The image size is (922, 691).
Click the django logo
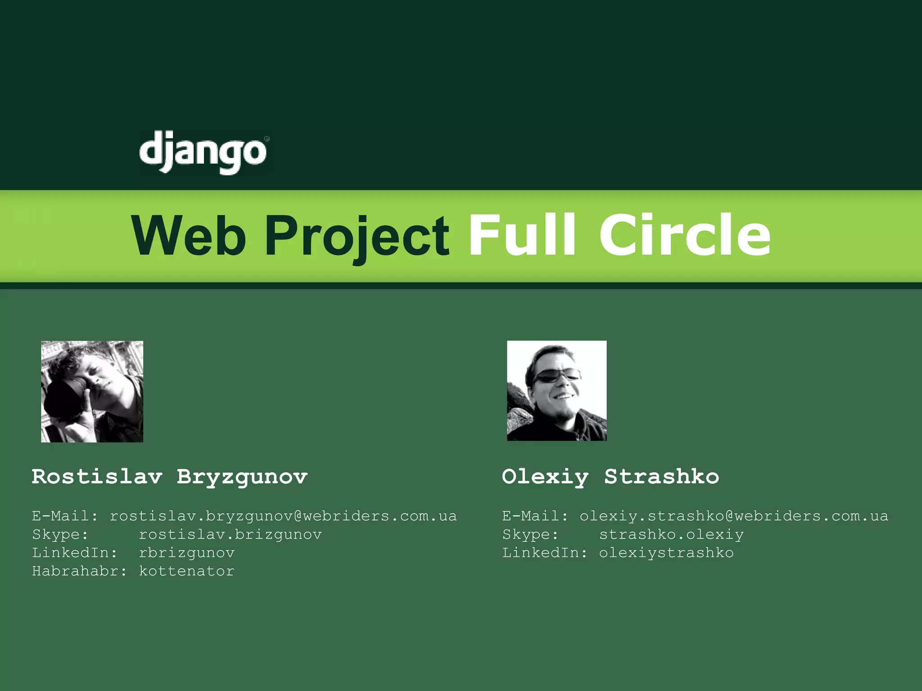coord(204,152)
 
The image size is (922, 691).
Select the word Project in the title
coord(357,236)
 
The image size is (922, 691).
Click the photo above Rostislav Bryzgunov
coord(92,391)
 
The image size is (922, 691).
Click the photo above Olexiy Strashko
coord(556,390)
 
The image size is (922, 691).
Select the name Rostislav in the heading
coord(97,476)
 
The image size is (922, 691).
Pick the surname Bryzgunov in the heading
coord(242,477)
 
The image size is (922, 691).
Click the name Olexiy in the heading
coord(545,477)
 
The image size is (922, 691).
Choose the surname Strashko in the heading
coord(661,476)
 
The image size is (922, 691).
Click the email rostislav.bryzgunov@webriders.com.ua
coord(283,516)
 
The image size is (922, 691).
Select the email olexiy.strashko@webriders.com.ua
coord(734,516)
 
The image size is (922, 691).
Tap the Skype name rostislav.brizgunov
coord(230,534)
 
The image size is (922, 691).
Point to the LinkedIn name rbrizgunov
coord(186,553)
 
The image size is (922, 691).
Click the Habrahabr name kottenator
coord(186,571)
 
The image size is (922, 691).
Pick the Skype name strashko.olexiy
coord(671,534)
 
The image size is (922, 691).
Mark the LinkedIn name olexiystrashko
coord(666,553)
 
